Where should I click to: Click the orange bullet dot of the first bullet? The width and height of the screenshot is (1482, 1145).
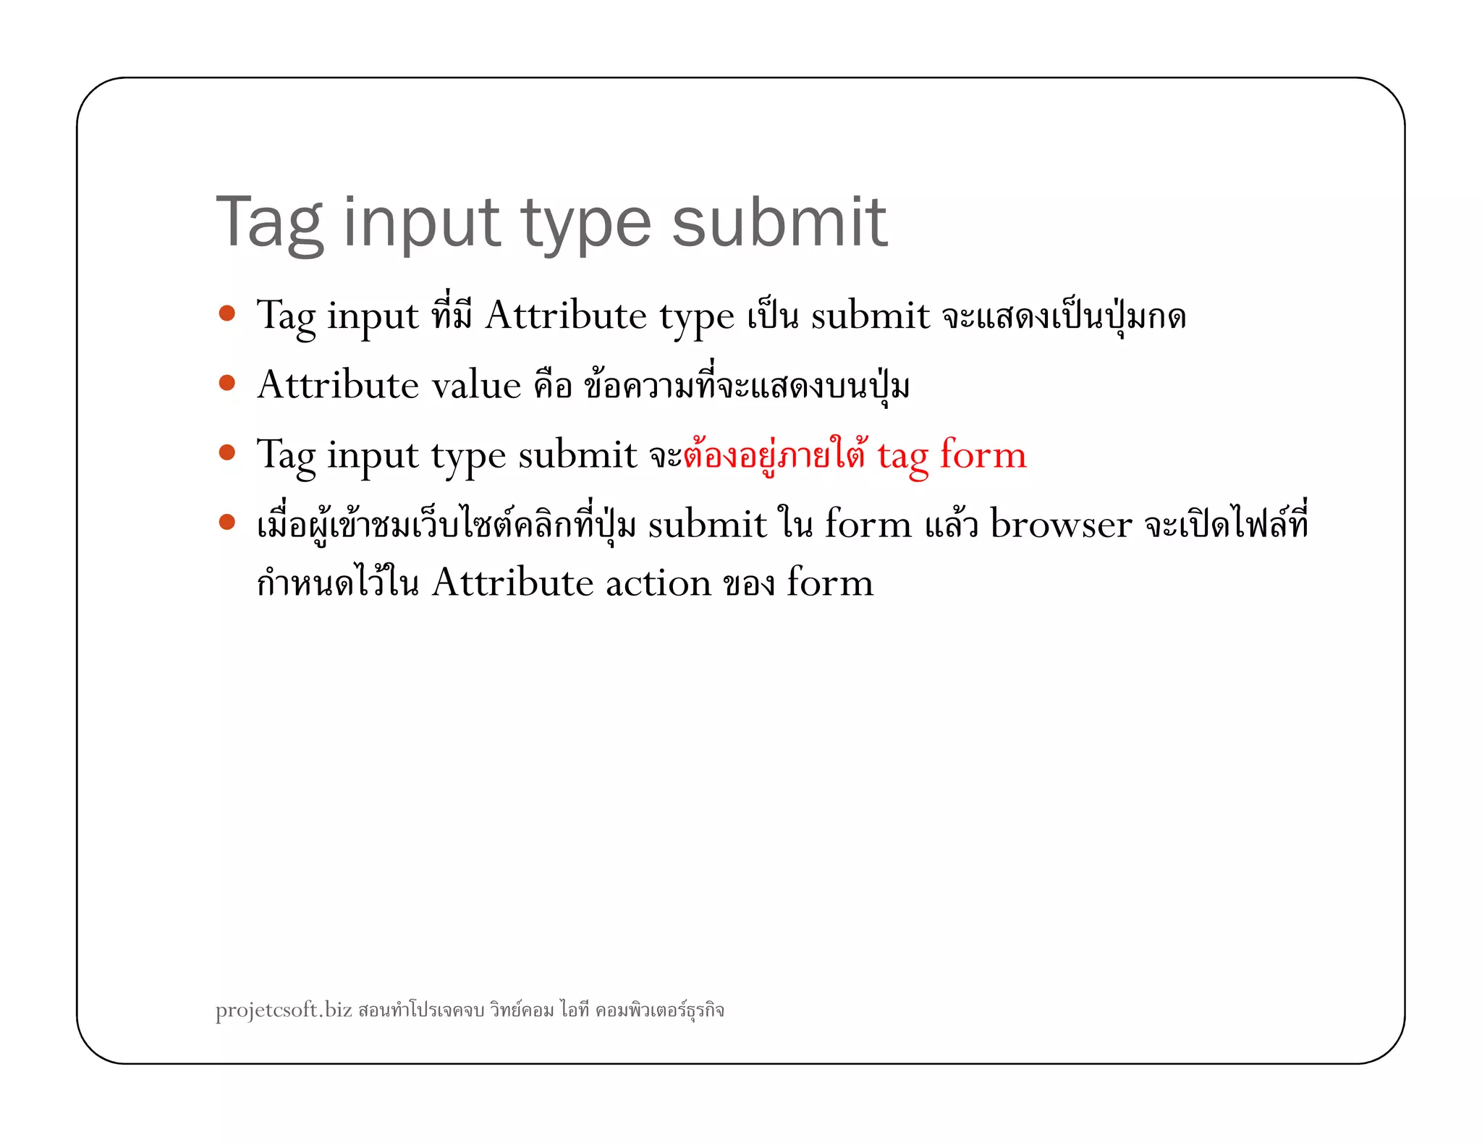[227, 313]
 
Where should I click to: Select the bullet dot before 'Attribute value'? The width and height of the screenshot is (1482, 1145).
[227, 382]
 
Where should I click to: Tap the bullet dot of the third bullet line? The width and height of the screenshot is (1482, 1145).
[227, 452]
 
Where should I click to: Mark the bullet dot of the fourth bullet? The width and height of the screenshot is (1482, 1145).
[227, 522]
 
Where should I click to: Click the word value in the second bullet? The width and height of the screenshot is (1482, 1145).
[476, 385]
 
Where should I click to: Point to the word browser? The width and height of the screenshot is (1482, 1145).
[1061, 524]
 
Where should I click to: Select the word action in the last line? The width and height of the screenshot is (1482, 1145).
[659, 583]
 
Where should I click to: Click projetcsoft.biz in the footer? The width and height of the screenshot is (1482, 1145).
[284, 1010]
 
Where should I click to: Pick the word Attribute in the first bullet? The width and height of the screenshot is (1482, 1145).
[566, 316]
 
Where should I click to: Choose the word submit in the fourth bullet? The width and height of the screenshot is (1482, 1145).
[707, 524]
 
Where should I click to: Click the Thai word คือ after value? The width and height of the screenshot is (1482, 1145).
[553, 385]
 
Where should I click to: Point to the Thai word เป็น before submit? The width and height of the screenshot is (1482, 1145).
[772, 316]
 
